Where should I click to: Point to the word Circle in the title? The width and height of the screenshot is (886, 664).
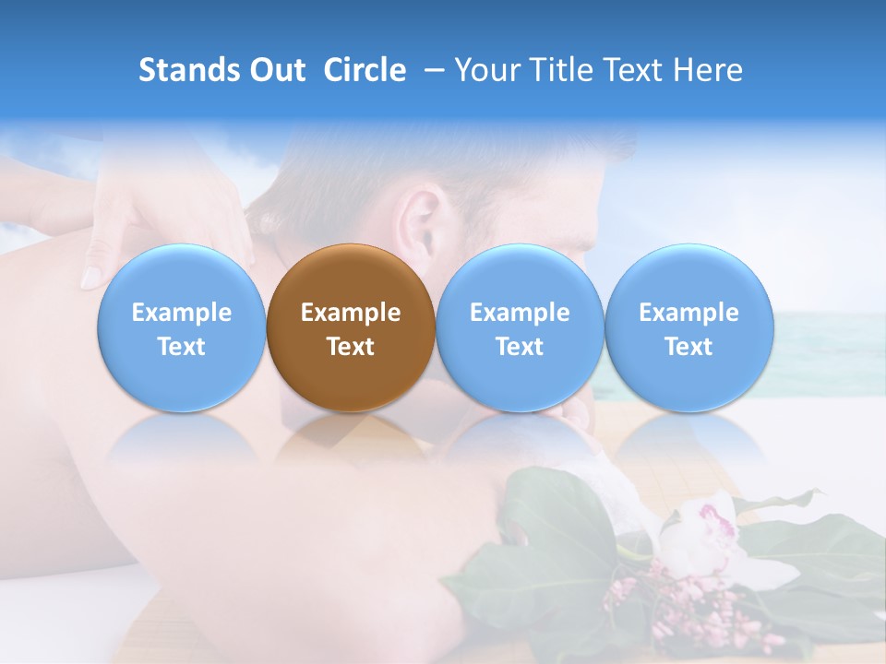(x=365, y=70)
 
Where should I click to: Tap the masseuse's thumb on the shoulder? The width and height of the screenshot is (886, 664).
(x=92, y=274)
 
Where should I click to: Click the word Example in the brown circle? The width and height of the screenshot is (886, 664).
(x=351, y=313)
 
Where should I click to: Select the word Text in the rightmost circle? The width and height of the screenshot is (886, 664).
(x=688, y=347)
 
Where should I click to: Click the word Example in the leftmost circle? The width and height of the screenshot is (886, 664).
(x=181, y=313)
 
